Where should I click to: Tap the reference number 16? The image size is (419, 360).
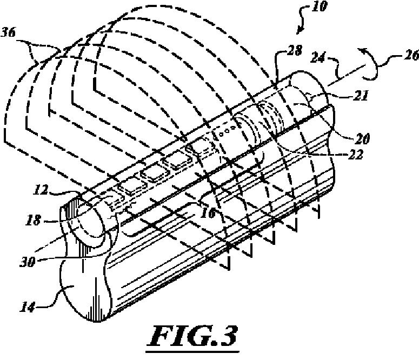(x=209, y=213)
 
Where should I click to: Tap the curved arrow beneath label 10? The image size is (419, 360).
(x=303, y=22)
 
